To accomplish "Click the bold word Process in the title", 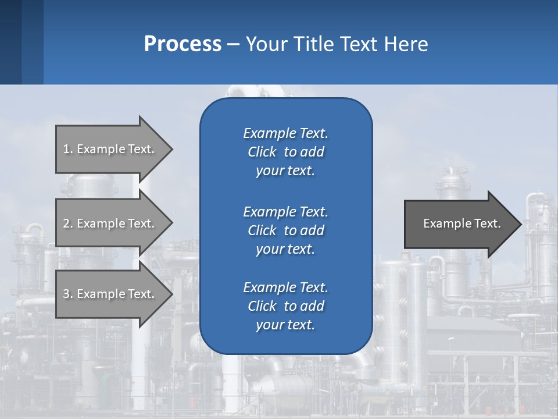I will pyautogui.click(x=183, y=44).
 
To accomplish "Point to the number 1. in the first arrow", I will pyautogui.click(x=68, y=149).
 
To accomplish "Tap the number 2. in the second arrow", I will pyautogui.click(x=68, y=223).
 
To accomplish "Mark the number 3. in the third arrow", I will pyautogui.click(x=68, y=294).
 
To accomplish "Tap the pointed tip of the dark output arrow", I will pyautogui.click(x=518, y=224).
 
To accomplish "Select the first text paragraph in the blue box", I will pyautogui.click(x=285, y=152).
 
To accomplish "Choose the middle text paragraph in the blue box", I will pyautogui.click(x=285, y=230).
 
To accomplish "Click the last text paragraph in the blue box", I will pyautogui.click(x=285, y=306).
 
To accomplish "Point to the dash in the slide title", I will pyautogui.click(x=233, y=45).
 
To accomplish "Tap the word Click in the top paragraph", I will pyautogui.click(x=262, y=152).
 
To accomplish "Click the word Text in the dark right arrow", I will pyautogui.click(x=487, y=223).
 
